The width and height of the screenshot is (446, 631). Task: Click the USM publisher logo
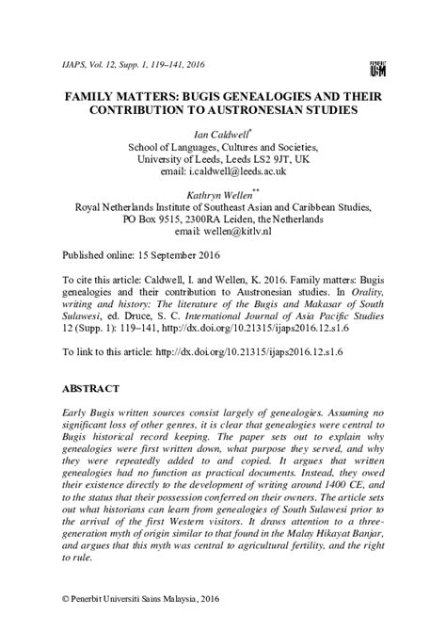click(377, 67)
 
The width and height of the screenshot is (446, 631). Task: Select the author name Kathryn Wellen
click(221, 193)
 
